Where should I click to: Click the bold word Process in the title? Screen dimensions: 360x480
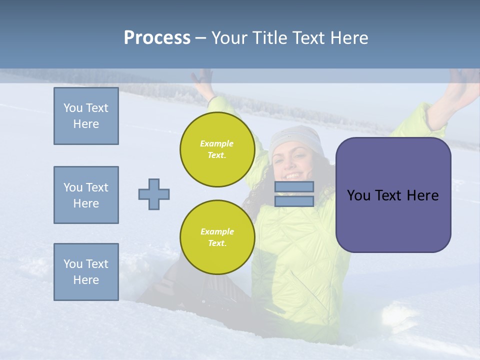157,38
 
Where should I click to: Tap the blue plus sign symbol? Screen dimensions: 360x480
153,194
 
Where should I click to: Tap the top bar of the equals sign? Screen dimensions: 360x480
294,186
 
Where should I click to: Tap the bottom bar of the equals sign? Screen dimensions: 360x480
294,201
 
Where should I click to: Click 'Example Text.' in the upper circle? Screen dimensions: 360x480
217,149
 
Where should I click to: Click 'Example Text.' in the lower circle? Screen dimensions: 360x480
217,237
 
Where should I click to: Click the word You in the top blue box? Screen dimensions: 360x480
72,108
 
